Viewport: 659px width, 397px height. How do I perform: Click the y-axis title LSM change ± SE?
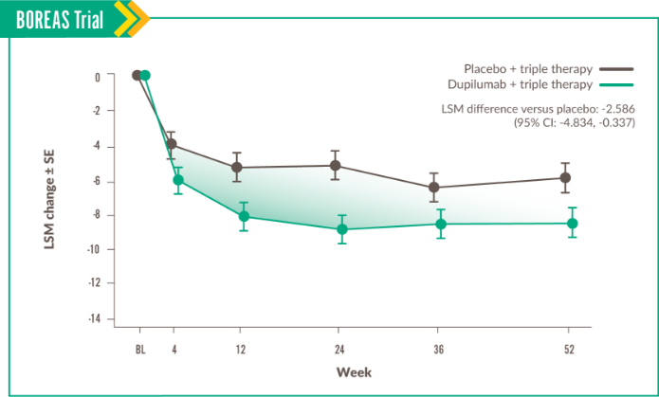[x=48, y=200]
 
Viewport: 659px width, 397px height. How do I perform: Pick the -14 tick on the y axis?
[x=95, y=318]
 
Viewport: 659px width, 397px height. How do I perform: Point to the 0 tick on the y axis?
[x=98, y=77]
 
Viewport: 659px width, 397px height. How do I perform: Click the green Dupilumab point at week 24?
[x=341, y=229]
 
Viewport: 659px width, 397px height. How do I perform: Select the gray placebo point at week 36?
[x=434, y=187]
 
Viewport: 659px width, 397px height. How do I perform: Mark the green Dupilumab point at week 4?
[x=177, y=179]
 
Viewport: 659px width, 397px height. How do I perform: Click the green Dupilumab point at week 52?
[x=572, y=223]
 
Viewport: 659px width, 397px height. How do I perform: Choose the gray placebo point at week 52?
[x=565, y=177]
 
